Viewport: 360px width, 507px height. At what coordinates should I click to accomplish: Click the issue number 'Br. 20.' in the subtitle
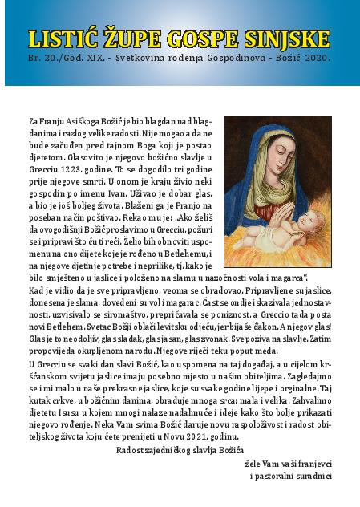(x=42, y=59)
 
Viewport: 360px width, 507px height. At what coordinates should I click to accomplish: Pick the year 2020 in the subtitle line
(x=315, y=59)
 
